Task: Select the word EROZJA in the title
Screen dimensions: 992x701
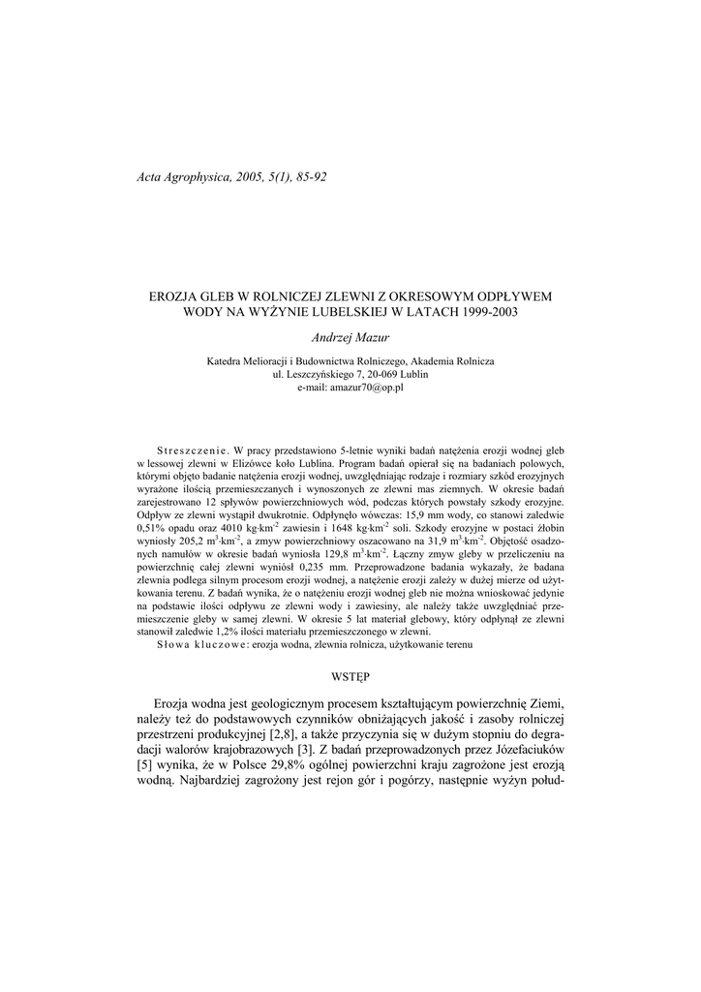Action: (172, 296)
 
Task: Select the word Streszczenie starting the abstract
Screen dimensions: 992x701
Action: (191, 450)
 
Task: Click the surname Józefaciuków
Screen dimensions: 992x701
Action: (518, 749)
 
